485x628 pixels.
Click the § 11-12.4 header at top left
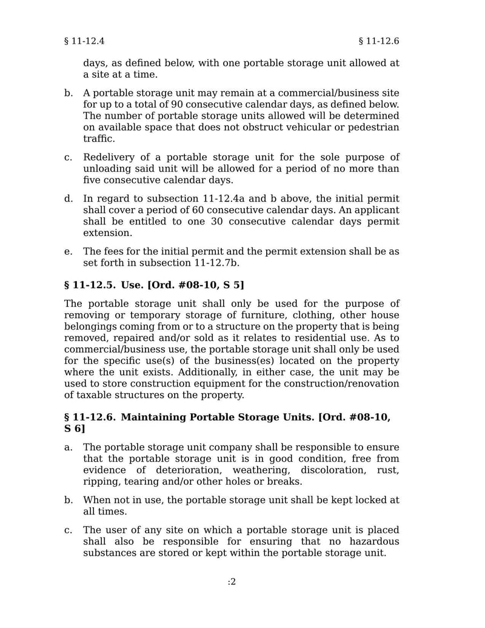[84, 41]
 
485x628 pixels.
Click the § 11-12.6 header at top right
[379, 41]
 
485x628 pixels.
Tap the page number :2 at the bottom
[232, 582]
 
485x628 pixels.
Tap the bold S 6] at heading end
[75, 429]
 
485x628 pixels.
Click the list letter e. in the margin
[68, 251]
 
